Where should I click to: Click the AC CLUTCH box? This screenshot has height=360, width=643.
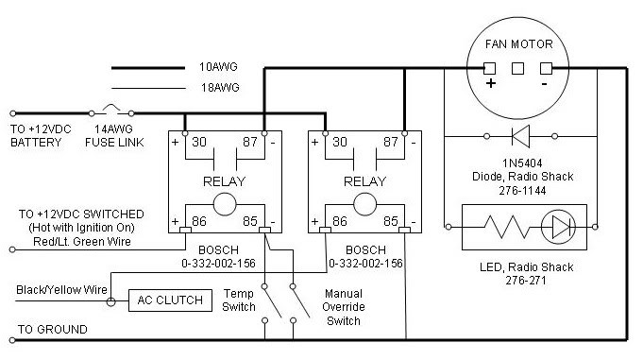pyautogui.click(x=170, y=300)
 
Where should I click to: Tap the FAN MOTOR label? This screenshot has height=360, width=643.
pyautogui.click(x=518, y=44)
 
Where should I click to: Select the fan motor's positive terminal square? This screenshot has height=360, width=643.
pyautogui.click(x=489, y=68)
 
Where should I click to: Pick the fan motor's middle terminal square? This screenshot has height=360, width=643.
pyautogui.click(x=518, y=68)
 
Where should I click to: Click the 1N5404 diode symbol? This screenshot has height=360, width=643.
pyautogui.click(x=521, y=136)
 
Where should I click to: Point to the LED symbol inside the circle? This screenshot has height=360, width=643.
pyautogui.click(x=559, y=227)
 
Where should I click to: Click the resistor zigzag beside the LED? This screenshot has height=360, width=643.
pyautogui.click(x=506, y=227)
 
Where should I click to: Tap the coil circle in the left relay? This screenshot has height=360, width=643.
pyautogui.click(x=225, y=204)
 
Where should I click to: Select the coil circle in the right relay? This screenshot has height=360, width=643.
pyautogui.click(x=365, y=204)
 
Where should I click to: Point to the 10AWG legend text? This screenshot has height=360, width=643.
pyautogui.click(x=218, y=67)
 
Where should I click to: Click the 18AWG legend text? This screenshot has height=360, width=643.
pyautogui.click(x=220, y=88)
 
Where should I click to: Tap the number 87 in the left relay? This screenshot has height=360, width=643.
pyautogui.click(x=249, y=142)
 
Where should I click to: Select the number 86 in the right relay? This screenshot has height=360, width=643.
pyautogui.click(x=340, y=222)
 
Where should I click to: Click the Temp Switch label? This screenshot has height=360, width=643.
pyautogui.click(x=239, y=300)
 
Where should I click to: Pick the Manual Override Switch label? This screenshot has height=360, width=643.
pyautogui.click(x=344, y=307)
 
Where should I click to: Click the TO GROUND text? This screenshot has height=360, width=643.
pyautogui.click(x=53, y=330)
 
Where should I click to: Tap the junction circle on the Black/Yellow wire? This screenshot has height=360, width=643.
pyautogui.click(x=110, y=302)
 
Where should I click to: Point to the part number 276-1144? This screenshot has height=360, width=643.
pyautogui.click(x=522, y=191)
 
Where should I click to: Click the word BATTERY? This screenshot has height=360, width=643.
pyautogui.click(x=36, y=143)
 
